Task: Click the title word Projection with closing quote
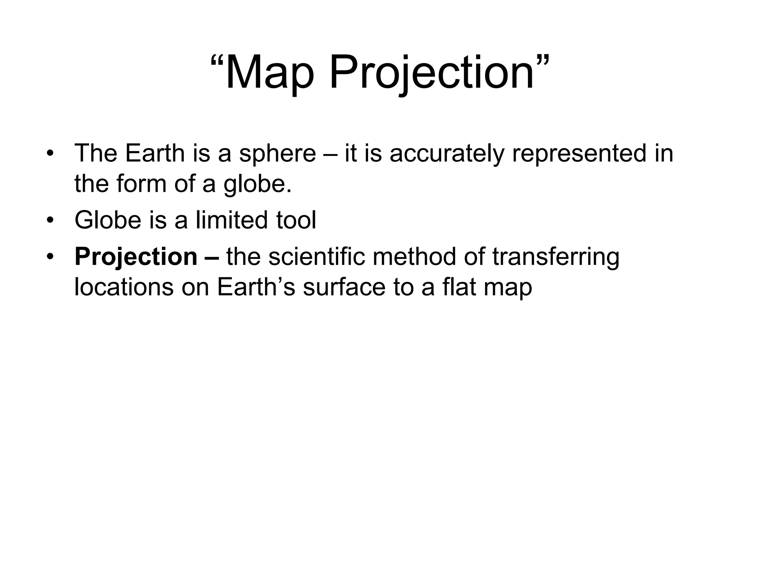pyautogui.click(x=438, y=72)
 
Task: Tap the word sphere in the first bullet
pyautogui.click(x=277, y=154)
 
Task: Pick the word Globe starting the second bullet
pyautogui.click(x=108, y=220)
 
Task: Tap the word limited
pyautogui.click(x=232, y=220)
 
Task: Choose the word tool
pyautogui.click(x=296, y=220)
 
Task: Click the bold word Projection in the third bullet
pyautogui.click(x=136, y=257)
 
